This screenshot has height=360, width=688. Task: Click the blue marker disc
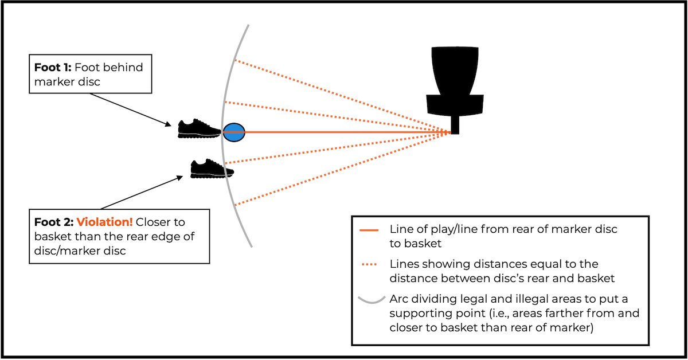pos(233,132)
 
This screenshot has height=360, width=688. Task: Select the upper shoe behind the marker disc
pos(198,129)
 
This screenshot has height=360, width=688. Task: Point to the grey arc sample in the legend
pos(370,300)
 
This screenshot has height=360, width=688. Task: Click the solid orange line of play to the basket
pos(344,132)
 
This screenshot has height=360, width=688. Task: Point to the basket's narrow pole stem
pos(455,125)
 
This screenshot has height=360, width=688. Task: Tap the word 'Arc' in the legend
pos(399,300)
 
